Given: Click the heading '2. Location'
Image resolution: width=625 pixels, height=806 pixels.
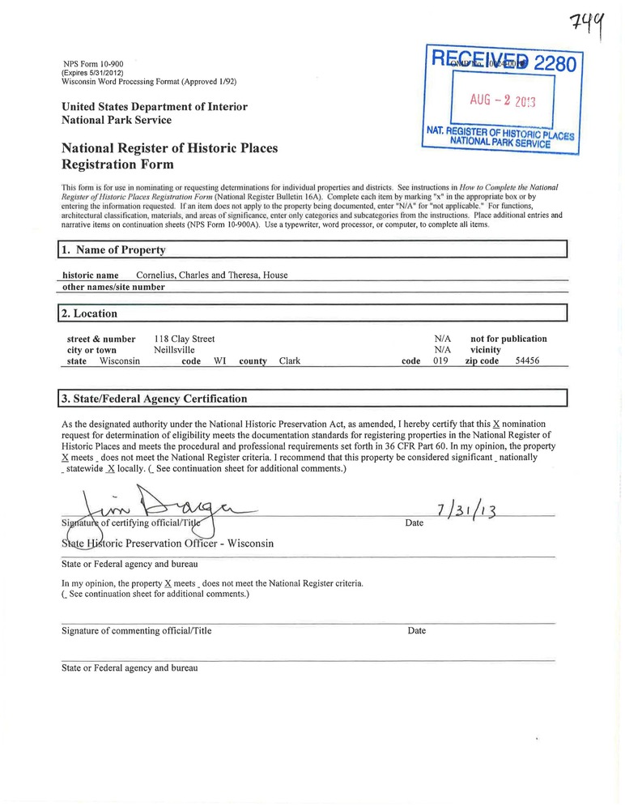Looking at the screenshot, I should coord(90,313).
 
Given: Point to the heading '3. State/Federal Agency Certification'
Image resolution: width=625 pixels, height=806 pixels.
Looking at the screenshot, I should coord(154,399).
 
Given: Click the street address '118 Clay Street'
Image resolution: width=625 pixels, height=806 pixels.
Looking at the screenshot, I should coord(184,339).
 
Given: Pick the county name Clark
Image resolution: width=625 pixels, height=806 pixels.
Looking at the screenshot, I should coord(290,361).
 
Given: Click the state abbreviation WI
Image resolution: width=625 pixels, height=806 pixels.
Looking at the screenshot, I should coord(219,361).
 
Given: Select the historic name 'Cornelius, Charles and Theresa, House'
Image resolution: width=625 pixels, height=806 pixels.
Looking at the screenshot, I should coord(211,275).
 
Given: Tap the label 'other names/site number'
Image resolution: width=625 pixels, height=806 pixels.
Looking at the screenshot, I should coord(113,287).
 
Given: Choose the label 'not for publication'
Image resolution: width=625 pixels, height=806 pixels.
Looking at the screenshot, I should coord(508,339).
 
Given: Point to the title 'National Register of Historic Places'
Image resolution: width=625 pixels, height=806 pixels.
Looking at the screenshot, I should coord(169,148).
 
